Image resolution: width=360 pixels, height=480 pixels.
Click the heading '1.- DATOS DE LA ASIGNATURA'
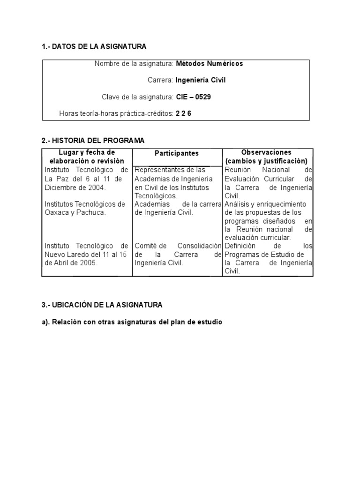[94, 46]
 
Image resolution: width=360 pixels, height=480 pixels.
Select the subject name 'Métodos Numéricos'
[210, 64]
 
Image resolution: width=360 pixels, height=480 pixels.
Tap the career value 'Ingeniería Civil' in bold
[201, 80]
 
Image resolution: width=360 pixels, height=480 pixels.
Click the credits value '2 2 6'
[183, 113]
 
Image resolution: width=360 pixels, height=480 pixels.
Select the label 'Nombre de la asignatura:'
[134, 64]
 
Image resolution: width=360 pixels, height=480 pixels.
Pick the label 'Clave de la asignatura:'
[138, 97]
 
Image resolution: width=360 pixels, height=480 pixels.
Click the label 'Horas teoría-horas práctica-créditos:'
[116, 113]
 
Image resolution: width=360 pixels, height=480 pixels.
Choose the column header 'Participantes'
[177, 153]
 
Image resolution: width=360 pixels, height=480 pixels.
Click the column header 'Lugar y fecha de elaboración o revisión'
[87, 157]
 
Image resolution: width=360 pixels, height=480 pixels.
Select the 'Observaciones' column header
[266, 153]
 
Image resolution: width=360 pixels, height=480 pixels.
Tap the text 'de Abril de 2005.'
[71, 263]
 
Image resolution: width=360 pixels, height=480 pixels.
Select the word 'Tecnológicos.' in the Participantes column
[156, 195]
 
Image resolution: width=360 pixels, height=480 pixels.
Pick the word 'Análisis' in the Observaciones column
[236, 204]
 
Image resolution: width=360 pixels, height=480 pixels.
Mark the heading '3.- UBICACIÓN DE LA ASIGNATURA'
[102, 305]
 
